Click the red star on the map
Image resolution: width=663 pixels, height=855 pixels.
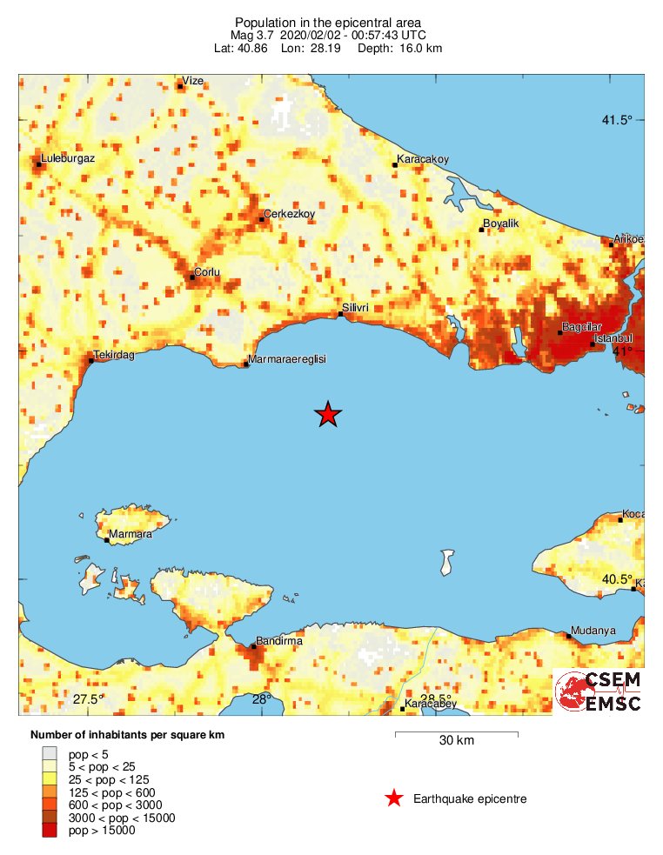(327, 415)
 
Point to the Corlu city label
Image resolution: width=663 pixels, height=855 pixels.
(207, 272)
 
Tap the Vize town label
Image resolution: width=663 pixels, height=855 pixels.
(192, 81)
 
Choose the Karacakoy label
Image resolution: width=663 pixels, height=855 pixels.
(423, 159)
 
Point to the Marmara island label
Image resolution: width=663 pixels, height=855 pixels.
(131, 534)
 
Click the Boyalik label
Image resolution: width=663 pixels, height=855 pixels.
(500, 224)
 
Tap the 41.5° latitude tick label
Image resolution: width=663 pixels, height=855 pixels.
(617, 120)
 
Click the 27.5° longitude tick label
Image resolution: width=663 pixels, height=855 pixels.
(88, 699)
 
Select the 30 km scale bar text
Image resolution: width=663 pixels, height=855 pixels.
(456, 741)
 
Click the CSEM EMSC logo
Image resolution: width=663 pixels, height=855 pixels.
(598, 691)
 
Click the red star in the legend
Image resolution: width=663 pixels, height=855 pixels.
(394, 798)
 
